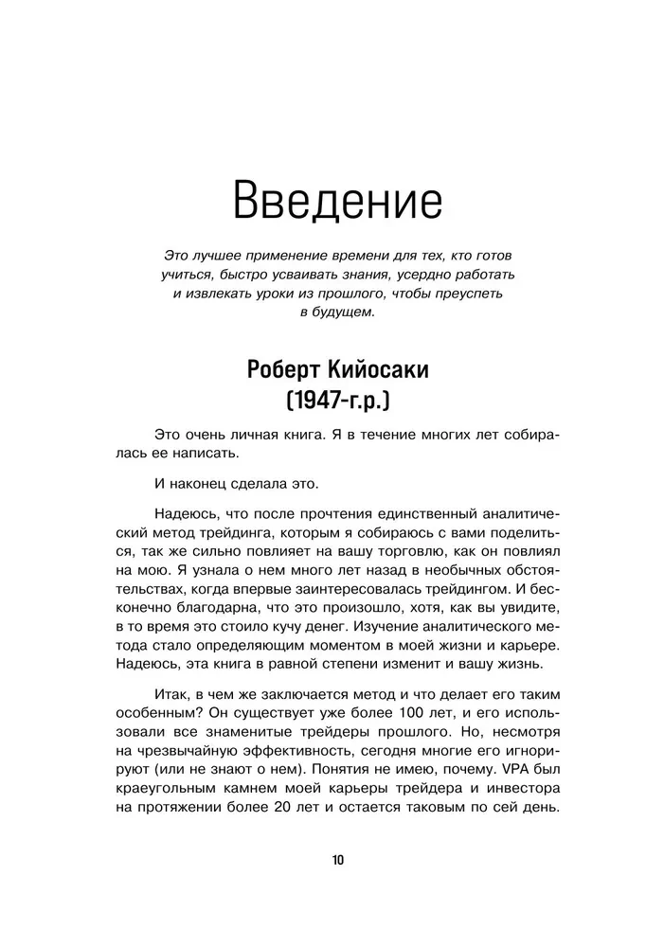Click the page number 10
tap(339, 860)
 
